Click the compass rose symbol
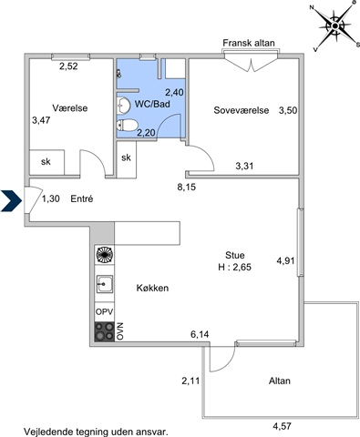click(x=334, y=26)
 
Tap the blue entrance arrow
click(x=11, y=200)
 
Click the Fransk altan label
click(x=249, y=43)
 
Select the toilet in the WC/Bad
click(x=128, y=125)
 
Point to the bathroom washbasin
click(x=124, y=105)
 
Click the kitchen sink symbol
click(x=105, y=284)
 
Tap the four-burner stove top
click(x=104, y=331)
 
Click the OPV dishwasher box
click(x=104, y=311)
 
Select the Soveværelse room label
click(x=242, y=110)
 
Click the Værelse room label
click(x=70, y=108)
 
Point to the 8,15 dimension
click(x=187, y=187)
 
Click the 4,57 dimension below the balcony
click(x=282, y=426)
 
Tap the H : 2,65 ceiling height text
click(x=234, y=267)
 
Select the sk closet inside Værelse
click(x=46, y=162)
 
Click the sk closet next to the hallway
click(x=127, y=158)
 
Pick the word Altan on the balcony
click(x=280, y=381)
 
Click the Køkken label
click(x=152, y=288)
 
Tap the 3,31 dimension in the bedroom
click(x=244, y=166)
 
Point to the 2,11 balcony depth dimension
click(x=190, y=381)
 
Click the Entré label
click(x=82, y=198)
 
